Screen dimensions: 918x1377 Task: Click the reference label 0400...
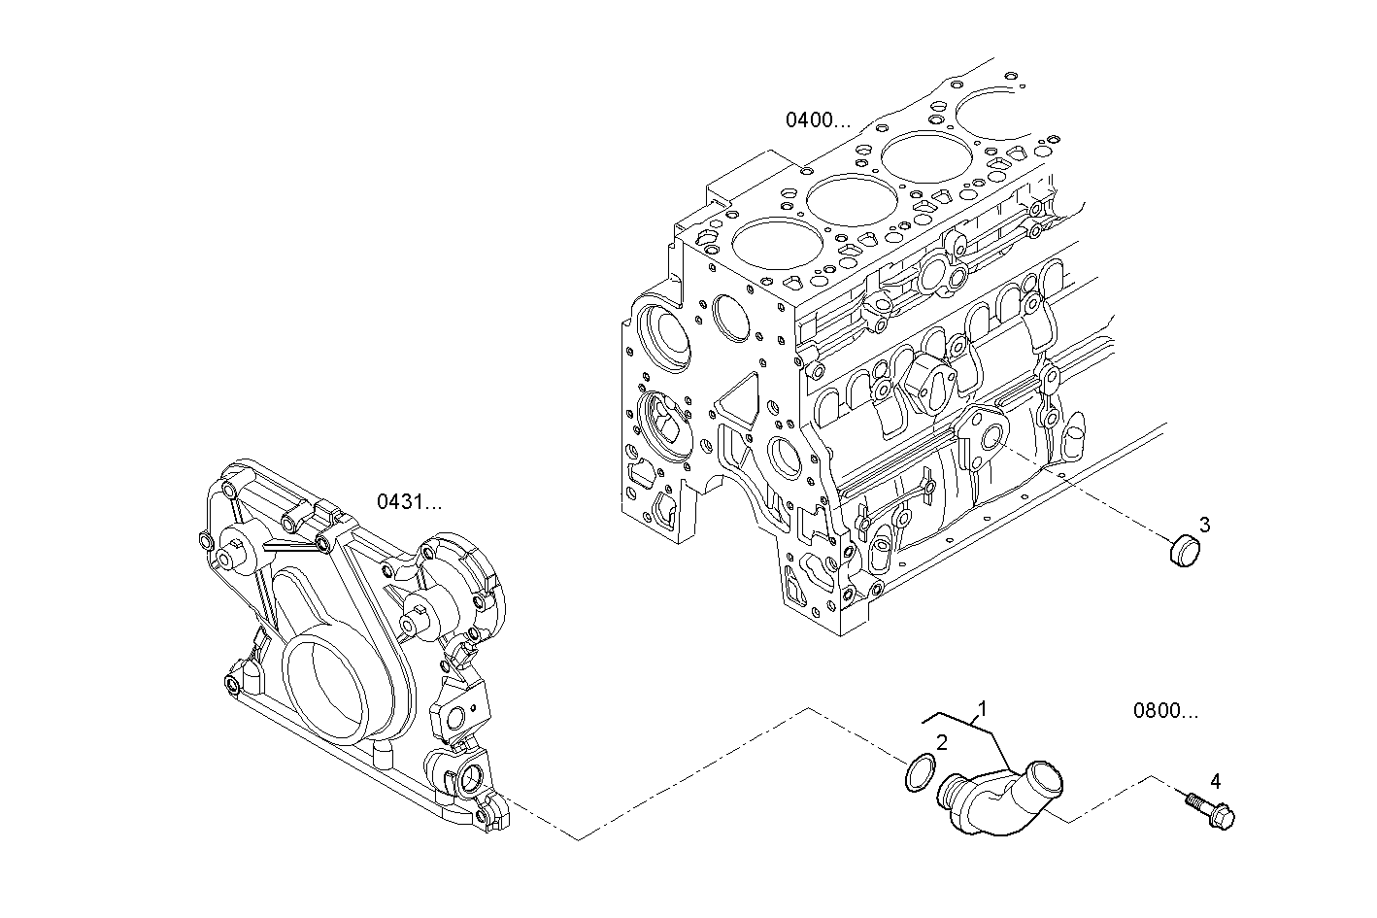click(x=817, y=120)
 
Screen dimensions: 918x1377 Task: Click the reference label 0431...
click(x=409, y=502)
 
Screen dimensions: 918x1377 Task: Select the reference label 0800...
click(x=1165, y=710)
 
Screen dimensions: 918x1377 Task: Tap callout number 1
click(x=982, y=708)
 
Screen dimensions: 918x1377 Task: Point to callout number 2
click(x=941, y=742)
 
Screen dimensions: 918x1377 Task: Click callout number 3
click(x=1204, y=525)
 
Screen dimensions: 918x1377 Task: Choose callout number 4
click(x=1215, y=780)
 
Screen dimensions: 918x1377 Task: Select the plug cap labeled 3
click(x=1183, y=551)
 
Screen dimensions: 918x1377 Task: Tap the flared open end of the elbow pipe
click(x=1044, y=780)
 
